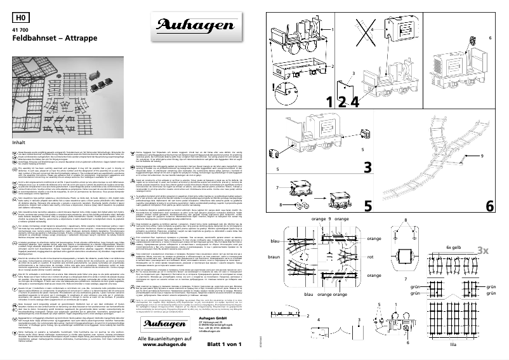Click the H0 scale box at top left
click(x=21, y=17)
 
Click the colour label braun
click(x=274, y=258)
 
